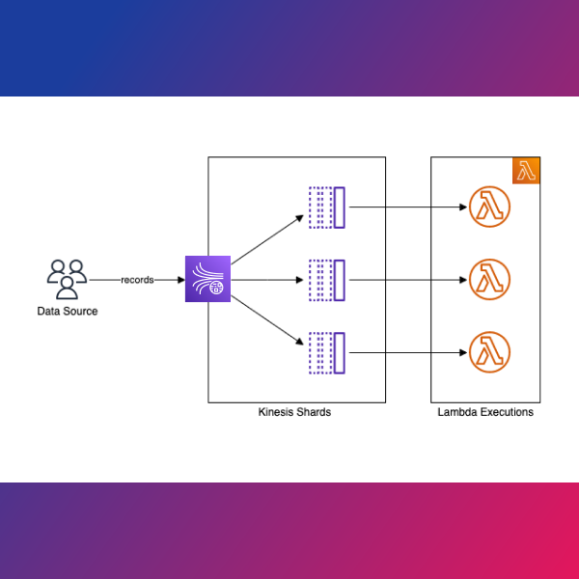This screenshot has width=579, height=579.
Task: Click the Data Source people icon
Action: pos(67,278)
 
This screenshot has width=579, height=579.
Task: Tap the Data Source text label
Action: pos(68,311)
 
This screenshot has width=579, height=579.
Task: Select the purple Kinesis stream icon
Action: pos(208,279)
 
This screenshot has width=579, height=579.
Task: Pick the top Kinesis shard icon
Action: pos(326,207)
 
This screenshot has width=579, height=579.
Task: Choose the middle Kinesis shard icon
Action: pos(326,279)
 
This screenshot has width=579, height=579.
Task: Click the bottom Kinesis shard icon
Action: pos(326,352)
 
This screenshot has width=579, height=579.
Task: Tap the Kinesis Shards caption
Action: pos(296,412)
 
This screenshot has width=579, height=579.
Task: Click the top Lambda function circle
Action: pos(488,207)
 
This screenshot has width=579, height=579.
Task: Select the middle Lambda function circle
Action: pos(488,280)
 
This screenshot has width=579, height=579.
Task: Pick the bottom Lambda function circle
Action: pos(488,352)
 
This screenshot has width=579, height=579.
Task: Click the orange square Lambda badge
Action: pos(526,171)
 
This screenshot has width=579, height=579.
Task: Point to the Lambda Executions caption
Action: pos(484,412)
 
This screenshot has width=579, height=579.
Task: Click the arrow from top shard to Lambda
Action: pos(405,207)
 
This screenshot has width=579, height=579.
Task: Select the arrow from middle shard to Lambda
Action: pos(405,280)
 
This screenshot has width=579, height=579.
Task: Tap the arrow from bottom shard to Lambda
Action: pos(405,352)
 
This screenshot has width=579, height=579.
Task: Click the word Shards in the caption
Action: pos(314,412)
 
